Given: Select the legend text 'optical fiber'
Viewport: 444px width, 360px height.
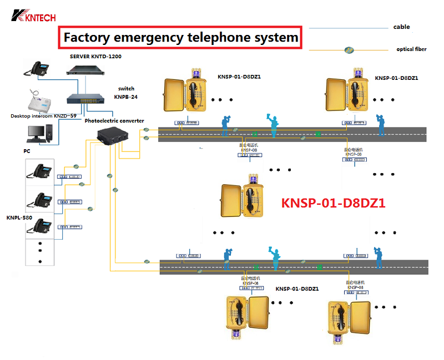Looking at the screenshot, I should point(411,49).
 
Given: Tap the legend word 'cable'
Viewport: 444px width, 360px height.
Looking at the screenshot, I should point(401,27).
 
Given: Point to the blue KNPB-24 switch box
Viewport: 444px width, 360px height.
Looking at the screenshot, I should point(83,99).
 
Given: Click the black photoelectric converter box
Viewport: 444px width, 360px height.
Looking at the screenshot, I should point(113,137).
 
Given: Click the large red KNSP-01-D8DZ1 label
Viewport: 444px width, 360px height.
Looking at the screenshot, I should point(333,203).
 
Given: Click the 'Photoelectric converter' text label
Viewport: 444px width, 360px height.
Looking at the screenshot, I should point(114,120).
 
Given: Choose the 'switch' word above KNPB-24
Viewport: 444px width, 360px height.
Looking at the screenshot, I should point(126,89).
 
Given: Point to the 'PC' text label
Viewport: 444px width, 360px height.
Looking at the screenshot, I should point(27,151).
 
